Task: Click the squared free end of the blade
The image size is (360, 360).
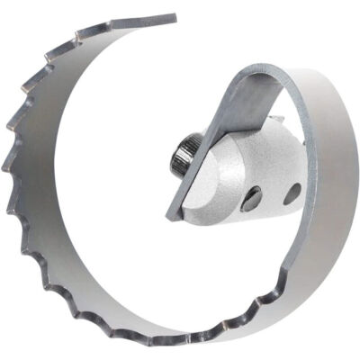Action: pos(171,18)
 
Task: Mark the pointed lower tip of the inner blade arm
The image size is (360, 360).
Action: pos(171,216)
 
